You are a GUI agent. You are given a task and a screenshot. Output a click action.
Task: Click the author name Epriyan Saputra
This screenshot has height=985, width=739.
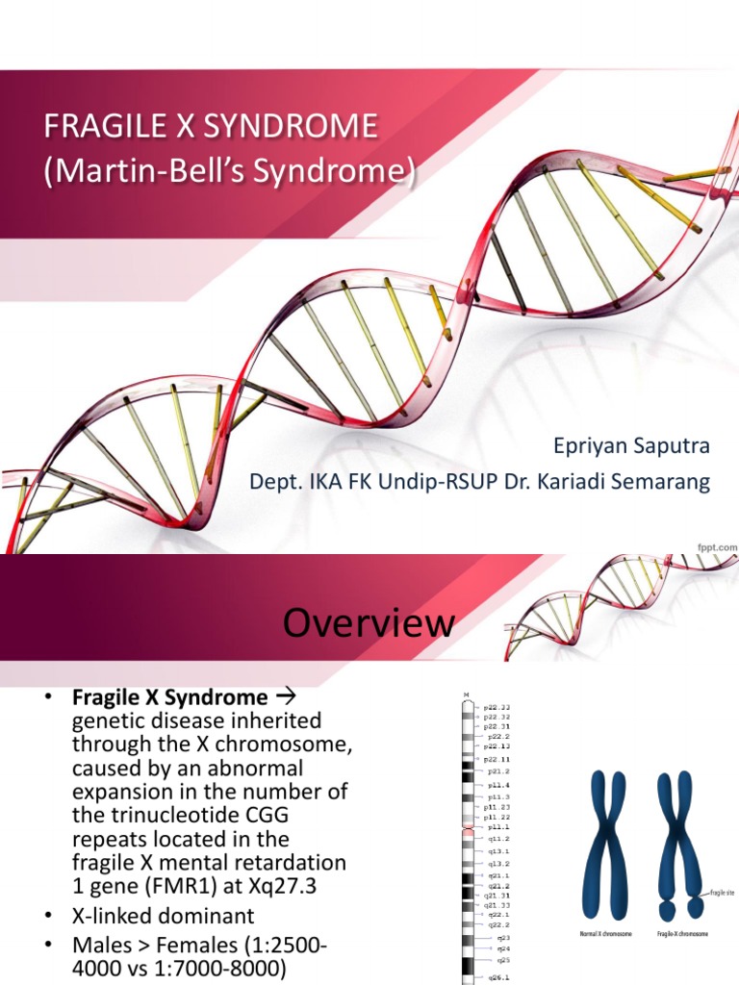631,446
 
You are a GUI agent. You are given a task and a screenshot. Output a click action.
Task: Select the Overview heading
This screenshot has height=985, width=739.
369,623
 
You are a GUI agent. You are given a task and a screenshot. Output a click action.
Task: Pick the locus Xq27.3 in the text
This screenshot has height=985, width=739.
283,886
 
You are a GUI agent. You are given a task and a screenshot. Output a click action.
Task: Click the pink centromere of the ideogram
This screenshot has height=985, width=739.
469,826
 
